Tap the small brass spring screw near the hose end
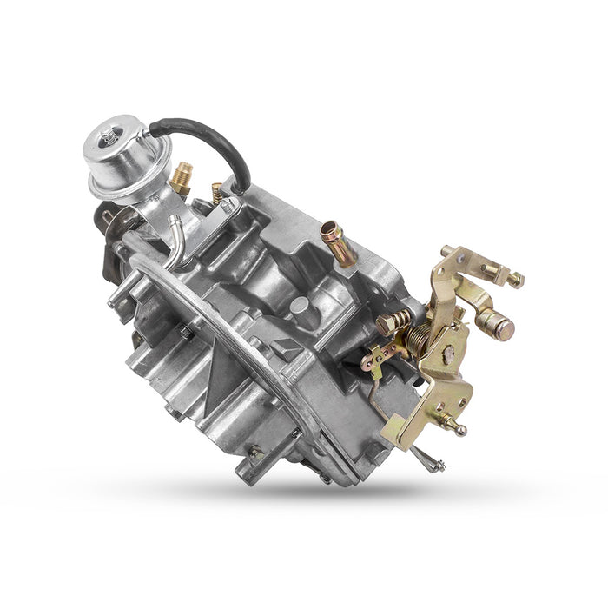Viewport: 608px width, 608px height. pos(216,192)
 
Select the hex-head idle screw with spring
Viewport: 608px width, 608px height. pos(393,321)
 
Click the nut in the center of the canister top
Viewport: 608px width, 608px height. pos(108,137)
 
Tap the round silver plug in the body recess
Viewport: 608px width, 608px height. pos(299,306)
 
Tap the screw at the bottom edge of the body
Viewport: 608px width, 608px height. pos(255,452)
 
